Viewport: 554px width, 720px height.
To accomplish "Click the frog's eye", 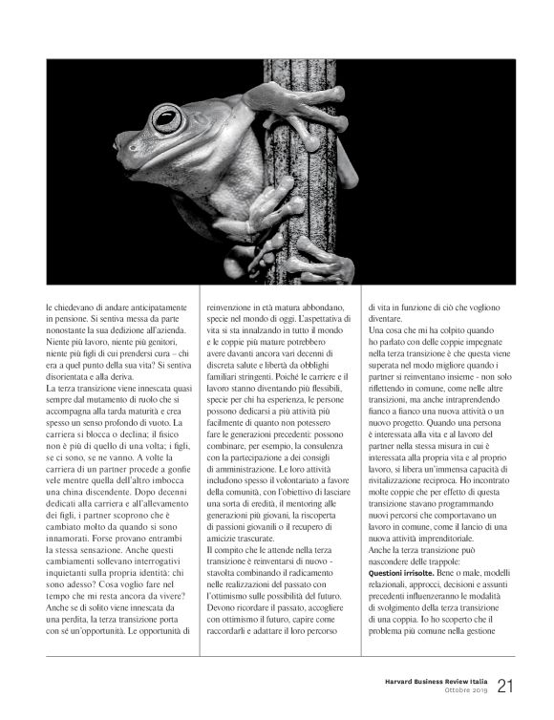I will coord(166,120).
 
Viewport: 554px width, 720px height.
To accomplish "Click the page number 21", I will coord(506,659).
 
